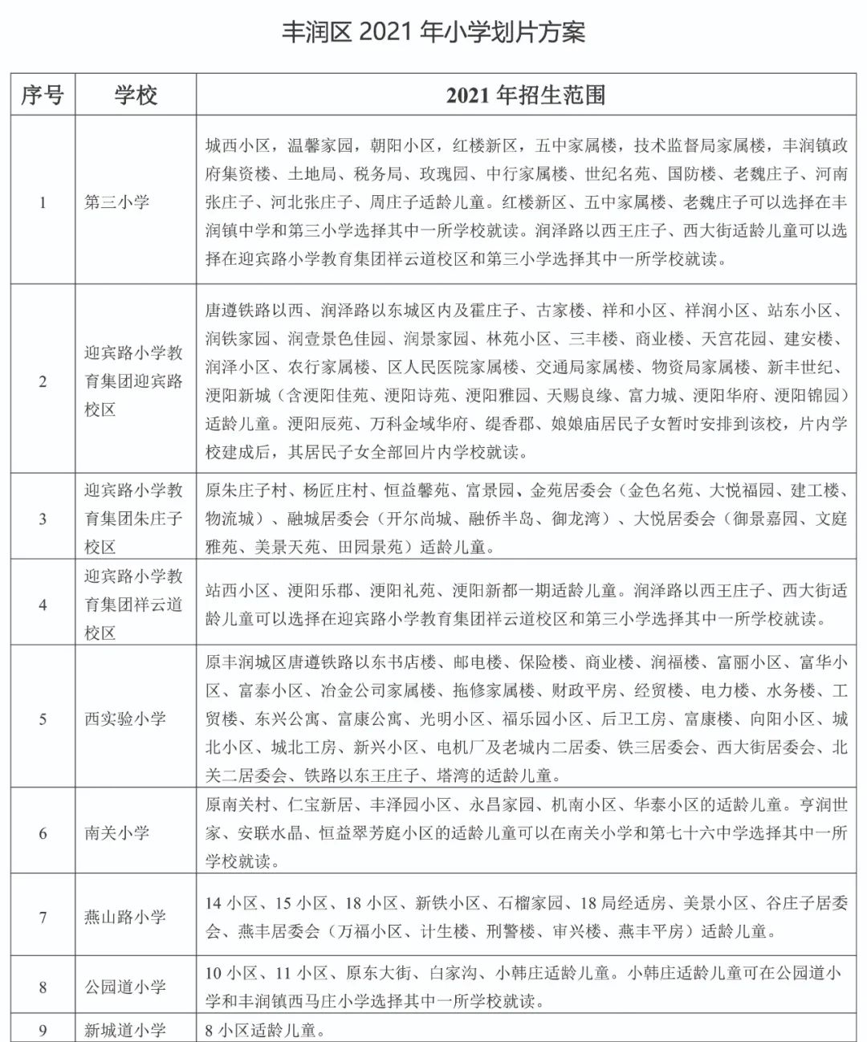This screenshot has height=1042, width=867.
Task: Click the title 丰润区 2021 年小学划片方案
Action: point(433,32)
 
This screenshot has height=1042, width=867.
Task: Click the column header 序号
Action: point(43,96)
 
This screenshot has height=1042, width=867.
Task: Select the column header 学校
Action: point(136,96)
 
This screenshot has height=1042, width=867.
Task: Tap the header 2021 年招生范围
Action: point(526,96)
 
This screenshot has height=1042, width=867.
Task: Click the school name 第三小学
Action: point(117,201)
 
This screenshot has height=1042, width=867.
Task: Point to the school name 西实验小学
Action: point(125,718)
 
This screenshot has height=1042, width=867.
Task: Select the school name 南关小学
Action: point(117,832)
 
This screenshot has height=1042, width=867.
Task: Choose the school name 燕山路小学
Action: point(125,917)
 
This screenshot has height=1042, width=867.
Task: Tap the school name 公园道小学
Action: point(125,987)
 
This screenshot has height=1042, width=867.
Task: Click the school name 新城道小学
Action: point(125,1030)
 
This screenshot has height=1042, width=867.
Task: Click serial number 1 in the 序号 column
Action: point(43,201)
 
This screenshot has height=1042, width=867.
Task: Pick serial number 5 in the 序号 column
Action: point(43,718)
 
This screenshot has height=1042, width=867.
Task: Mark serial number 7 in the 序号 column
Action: point(43,917)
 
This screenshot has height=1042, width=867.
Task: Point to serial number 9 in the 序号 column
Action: point(43,1030)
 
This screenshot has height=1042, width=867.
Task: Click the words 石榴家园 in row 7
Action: point(530,903)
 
